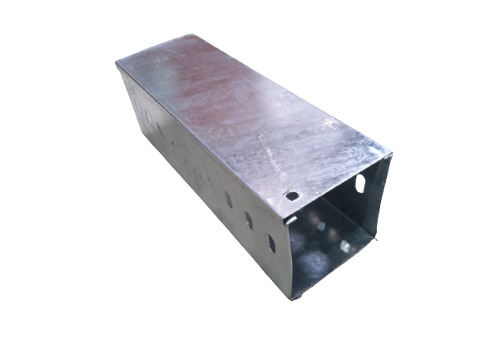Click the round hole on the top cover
pyautogui.click(x=292, y=197)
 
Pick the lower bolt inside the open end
pyautogui.click(x=343, y=246)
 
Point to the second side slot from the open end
pyautogui.click(x=247, y=219)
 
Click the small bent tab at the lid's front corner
pyautogui.click(x=285, y=221)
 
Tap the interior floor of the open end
pyautogui.click(x=329, y=266)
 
